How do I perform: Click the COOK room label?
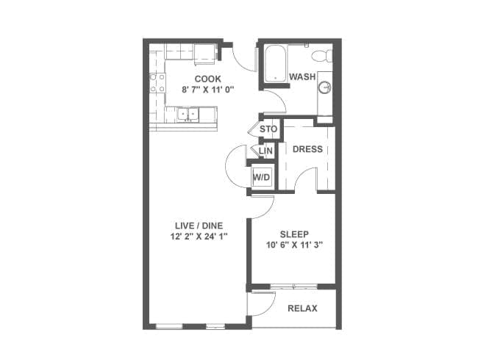point(207,79)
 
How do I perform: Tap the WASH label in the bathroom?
point(302,76)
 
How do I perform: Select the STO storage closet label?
point(268,129)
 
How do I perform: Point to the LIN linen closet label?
point(265,151)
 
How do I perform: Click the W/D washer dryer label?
point(262,177)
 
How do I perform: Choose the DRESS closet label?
point(307,149)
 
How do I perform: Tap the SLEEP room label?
point(294,234)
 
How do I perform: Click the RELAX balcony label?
point(302,309)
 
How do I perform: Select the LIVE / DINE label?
point(199,226)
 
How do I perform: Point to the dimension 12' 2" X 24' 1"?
point(199,237)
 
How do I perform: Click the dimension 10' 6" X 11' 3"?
point(294,245)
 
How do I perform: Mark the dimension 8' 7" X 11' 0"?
point(207,90)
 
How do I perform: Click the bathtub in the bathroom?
point(276,63)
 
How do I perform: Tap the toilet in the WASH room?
point(322,55)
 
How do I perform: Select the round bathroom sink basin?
point(324,87)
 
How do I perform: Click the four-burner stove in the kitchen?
point(157,83)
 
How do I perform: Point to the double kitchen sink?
point(188,115)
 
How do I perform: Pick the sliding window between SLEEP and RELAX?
point(294,287)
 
